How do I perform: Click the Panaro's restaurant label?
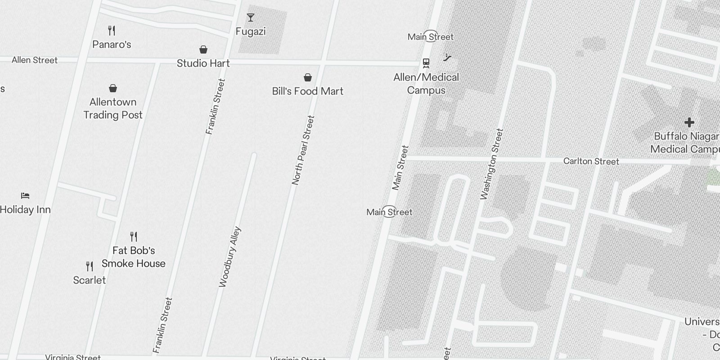point(112,44)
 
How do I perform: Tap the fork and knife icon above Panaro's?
point(112,31)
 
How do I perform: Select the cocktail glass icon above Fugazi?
point(251,18)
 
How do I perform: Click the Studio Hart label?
point(203,63)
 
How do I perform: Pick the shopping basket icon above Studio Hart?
point(203,49)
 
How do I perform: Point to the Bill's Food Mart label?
point(307,91)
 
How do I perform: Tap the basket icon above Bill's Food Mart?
point(308,78)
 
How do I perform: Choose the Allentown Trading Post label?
point(113,108)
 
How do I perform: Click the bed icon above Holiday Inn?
point(25,196)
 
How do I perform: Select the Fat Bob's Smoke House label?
point(134,257)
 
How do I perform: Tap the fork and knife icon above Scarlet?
point(90,266)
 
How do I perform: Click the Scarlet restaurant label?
point(90,280)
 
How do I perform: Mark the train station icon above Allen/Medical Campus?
point(426,63)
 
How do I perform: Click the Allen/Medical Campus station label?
point(426,84)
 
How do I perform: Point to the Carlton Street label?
point(591,162)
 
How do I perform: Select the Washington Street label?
point(491,164)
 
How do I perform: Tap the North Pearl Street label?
point(303,150)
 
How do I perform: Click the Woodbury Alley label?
point(230,257)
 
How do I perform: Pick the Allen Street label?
point(35,60)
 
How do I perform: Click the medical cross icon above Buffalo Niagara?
point(689,122)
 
